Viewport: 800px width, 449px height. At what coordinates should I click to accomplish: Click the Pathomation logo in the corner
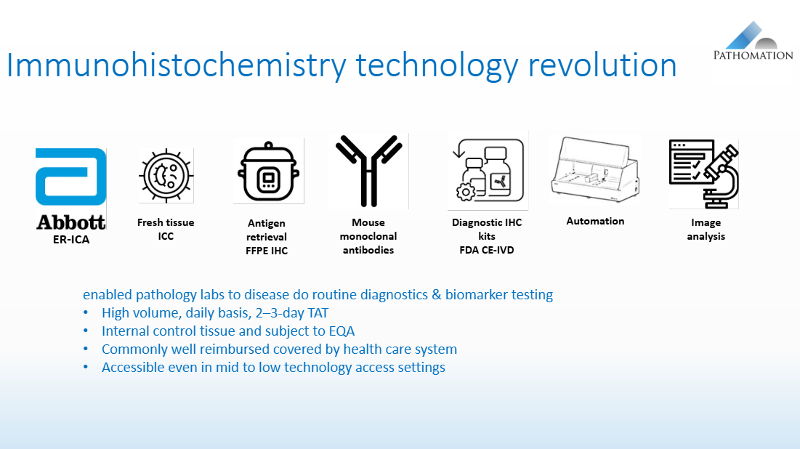pyautogui.click(x=752, y=42)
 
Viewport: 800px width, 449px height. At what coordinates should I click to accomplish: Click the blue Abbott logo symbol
pyautogui.click(x=70, y=177)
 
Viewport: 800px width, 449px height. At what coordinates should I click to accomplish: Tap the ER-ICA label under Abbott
pyautogui.click(x=70, y=239)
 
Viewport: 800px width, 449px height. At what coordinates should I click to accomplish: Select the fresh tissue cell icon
pyautogui.click(x=166, y=176)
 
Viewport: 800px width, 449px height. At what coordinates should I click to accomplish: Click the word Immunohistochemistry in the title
pyautogui.click(x=177, y=65)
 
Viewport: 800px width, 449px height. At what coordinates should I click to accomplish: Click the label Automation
pyautogui.click(x=595, y=221)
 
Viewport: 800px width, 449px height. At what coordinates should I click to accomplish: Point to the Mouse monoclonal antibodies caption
pyautogui.click(x=368, y=236)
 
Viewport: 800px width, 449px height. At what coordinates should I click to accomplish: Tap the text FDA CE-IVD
pyautogui.click(x=487, y=250)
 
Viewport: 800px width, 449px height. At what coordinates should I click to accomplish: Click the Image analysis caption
pyautogui.click(x=706, y=230)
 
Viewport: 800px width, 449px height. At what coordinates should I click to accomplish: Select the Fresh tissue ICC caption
pyautogui.click(x=166, y=230)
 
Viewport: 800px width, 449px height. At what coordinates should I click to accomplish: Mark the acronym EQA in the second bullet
pyautogui.click(x=339, y=331)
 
